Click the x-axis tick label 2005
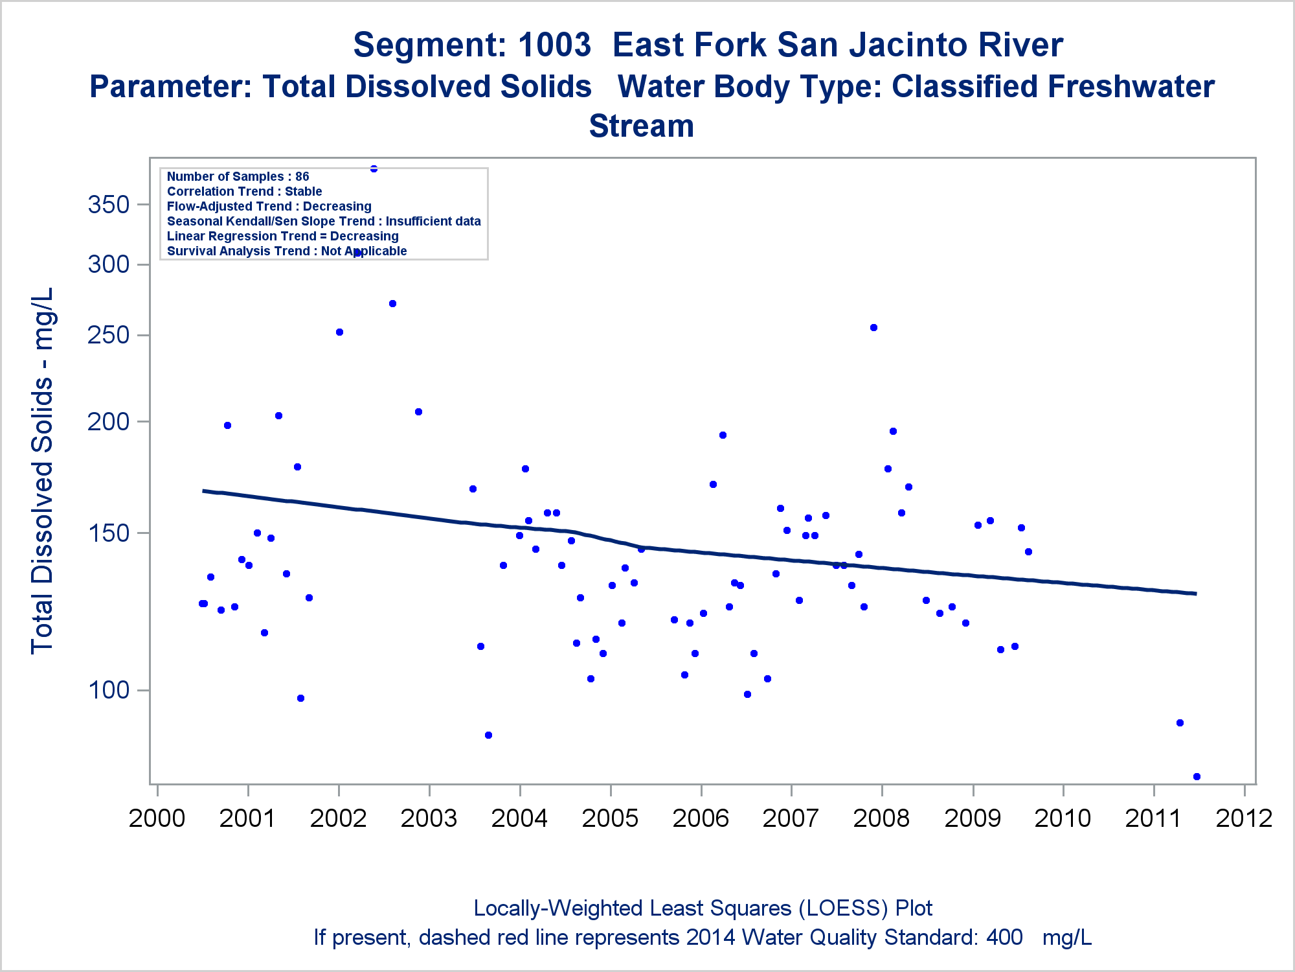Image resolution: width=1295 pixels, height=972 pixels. [x=610, y=818]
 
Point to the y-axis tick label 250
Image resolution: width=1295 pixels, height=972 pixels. [x=109, y=335]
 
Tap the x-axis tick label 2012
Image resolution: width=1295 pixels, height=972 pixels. [x=1244, y=818]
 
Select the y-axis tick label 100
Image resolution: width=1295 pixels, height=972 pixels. [x=109, y=690]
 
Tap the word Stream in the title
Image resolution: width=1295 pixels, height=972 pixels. [x=641, y=126]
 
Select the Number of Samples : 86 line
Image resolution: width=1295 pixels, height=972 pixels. [x=238, y=176]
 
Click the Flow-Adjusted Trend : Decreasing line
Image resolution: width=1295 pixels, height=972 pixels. [x=269, y=206]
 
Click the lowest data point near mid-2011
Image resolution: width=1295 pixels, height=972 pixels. [x=1197, y=776]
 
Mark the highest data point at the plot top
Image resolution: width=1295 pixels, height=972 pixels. [x=374, y=168]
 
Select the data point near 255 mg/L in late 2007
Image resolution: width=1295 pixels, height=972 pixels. [x=873, y=327]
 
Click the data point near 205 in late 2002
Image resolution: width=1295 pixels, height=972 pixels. [x=418, y=411]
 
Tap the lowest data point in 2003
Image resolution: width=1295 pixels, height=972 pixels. [x=488, y=735]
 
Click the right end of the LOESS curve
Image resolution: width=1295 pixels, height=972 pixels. [x=1195, y=593]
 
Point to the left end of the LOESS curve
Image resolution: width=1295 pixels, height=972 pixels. [x=203, y=491]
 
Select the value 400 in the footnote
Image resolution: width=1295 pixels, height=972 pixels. [x=1004, y=938]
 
